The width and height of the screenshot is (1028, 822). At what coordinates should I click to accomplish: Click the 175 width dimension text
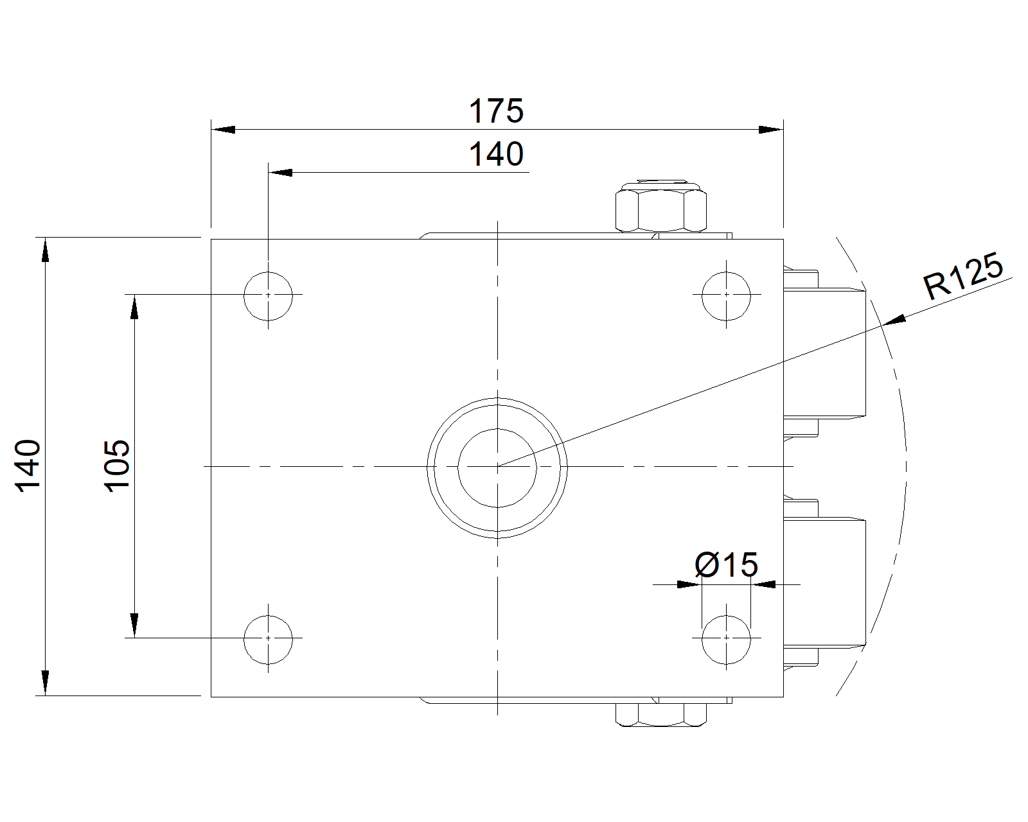[496, 111]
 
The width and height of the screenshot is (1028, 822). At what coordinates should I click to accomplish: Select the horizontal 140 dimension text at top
[496, 153]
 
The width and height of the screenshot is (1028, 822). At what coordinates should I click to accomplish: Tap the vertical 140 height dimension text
[28, 466]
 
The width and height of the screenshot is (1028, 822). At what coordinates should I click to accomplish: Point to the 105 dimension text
[117, 466]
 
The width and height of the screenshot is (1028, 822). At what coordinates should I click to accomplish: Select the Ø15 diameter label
[726, 565]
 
